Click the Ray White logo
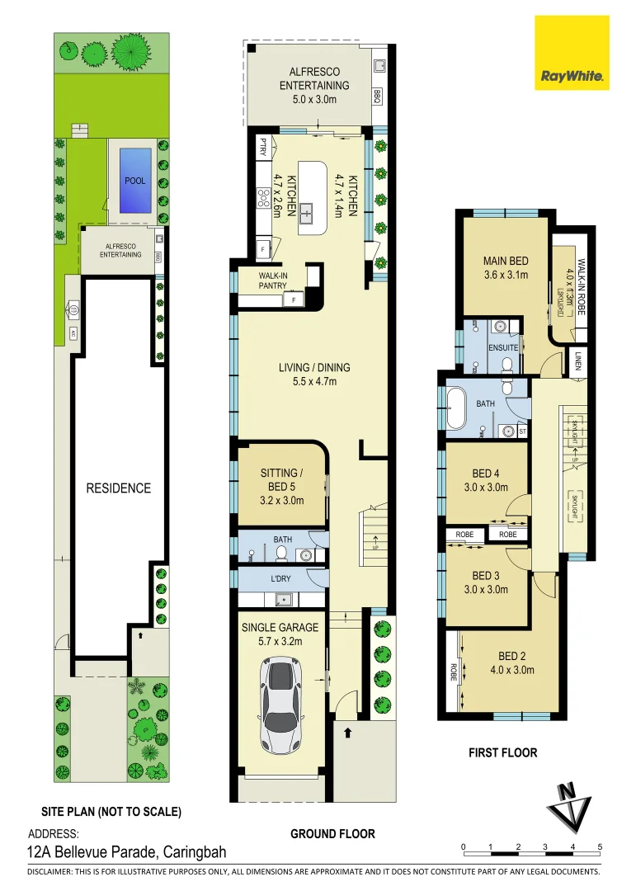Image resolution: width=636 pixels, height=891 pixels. coord(573,53)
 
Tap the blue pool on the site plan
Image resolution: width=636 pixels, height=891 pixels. coord(135,180)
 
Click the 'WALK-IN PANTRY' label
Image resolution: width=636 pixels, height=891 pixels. coord(272,280)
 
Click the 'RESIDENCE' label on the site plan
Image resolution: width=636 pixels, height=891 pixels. coord(119,488)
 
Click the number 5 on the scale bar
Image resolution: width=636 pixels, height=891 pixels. coord(600,847)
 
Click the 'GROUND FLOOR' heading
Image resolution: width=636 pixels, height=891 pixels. coord(332,834)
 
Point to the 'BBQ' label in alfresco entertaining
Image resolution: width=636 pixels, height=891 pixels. coord(377,94)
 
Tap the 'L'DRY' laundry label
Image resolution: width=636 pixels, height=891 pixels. coord(280,578)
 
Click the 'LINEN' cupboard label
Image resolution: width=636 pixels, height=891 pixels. coord(579,361)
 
